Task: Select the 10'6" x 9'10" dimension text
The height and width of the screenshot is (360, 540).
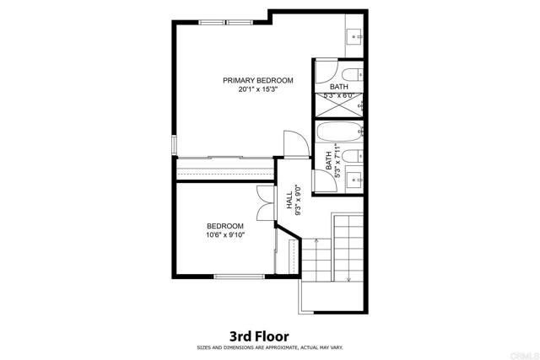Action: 225,235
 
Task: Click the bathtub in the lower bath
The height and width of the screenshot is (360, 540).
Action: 338,133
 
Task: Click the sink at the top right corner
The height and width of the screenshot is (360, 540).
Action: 354,37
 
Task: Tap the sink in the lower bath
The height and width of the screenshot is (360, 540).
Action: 354,178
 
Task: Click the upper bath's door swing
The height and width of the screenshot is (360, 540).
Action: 323,69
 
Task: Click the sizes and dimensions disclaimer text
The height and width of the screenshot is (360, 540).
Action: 268,347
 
